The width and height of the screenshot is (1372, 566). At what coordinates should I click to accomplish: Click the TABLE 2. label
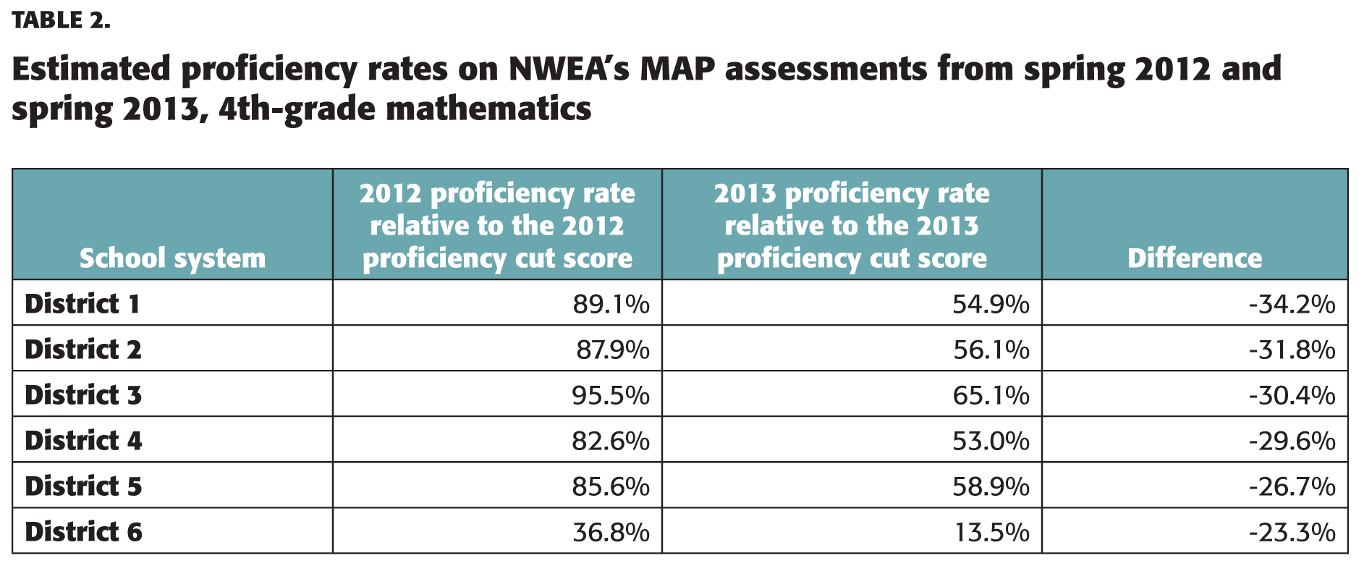[62, 20]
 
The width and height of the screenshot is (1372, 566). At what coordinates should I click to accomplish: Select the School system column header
[172, 258]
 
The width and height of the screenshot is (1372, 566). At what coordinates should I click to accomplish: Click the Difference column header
[1194, 258]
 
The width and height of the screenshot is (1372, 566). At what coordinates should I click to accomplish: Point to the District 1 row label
[82, 304]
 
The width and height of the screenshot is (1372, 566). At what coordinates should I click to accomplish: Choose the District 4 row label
[83, 441]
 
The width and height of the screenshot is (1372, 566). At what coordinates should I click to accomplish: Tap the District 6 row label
[83, 532]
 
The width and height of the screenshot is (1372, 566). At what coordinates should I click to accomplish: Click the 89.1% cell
[611, 305]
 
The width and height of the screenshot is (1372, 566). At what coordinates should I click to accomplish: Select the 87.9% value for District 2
[612, 350]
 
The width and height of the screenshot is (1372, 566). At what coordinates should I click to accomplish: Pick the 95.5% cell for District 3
[611, 396]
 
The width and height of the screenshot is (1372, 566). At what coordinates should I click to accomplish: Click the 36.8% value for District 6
[611, 533]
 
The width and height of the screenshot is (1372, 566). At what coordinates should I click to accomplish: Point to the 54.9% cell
[990, 305]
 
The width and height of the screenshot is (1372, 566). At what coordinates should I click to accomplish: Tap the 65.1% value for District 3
[990, 396]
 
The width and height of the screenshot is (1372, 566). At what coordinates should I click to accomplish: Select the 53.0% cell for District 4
[990, 442]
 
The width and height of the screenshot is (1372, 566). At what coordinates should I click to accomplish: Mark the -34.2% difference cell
[1292, 305]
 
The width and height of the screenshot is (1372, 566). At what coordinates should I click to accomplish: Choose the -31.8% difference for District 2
[1292, 350]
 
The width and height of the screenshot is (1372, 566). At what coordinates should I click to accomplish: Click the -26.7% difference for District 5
[1292, 487]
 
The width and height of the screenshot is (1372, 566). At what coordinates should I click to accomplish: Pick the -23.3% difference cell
[1292, 533]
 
